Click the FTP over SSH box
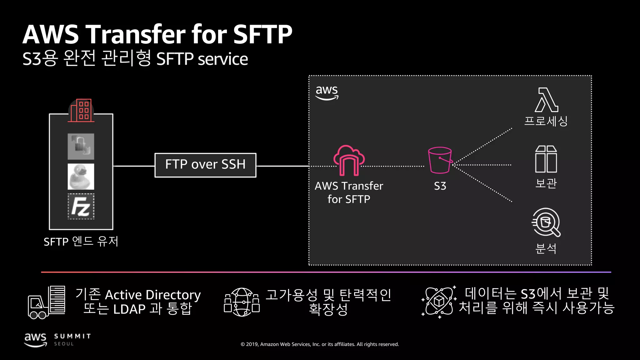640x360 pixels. tap(205, 165)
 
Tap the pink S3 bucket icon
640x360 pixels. tap(440, 160)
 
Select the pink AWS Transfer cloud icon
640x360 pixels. tap(349, 160)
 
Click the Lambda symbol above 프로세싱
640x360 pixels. tap(546, 100)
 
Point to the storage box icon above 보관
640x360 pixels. tap(546, 159)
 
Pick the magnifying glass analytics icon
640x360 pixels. tap(546, 222)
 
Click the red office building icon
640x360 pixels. tap(81, 111)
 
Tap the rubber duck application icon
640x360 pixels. tap(81, 177)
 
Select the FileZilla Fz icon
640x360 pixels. tap(81, 207)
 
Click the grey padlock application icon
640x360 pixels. tap(81, 146)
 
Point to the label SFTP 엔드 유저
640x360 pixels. tap(81, 242)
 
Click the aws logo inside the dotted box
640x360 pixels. tap(327, 92)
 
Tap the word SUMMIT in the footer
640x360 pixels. tap(72, 336)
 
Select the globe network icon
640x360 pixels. tap(242, 302)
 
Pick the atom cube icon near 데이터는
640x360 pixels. tap(439, 302)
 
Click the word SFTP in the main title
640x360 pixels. tap(262, 34)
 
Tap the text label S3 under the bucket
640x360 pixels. tap(440, 186)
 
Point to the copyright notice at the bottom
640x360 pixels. tap(320, 344)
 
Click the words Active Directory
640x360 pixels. tap(153, 295)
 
